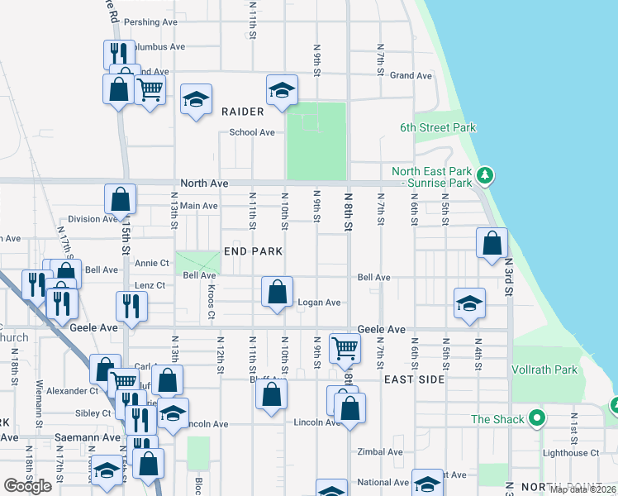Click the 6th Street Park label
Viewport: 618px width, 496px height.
pyautogui.click(x=438, y=128)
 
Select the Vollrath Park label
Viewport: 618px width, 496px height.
pyautogui.click(x=544, y=370)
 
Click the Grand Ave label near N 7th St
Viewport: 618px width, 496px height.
pyautogui.click(x=411, y=76)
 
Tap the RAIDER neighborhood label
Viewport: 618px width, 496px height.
pyautogui.click(x=243, y=112)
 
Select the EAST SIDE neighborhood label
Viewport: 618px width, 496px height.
pyautogui.click(x=415, y=379)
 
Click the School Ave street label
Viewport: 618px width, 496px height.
pyautogui.click(x=252, y=132)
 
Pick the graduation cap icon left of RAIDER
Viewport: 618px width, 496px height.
pyautogui.click(x=196, y=99)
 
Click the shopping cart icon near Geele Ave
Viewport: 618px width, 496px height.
pyautogui.click(x=344, y=347)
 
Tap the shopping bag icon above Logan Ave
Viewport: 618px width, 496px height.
pyautogui.click(x=278, y=291)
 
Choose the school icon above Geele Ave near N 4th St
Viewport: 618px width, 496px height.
pyautogui.click(x=469, y=303)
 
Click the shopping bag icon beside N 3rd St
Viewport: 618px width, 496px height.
pyautogui.click(x=492, y=243)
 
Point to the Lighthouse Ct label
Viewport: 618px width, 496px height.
pyautogui.click(x=571, y=453)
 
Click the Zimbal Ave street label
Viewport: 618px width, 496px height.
pyautogui.click(x=379, y=452)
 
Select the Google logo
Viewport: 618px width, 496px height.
pyautogui.click(x=28, y=486)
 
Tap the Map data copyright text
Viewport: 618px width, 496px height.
pyautogui.click(x=582, y=489)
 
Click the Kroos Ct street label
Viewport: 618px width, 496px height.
pyautogui.click(x=212, y=303)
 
